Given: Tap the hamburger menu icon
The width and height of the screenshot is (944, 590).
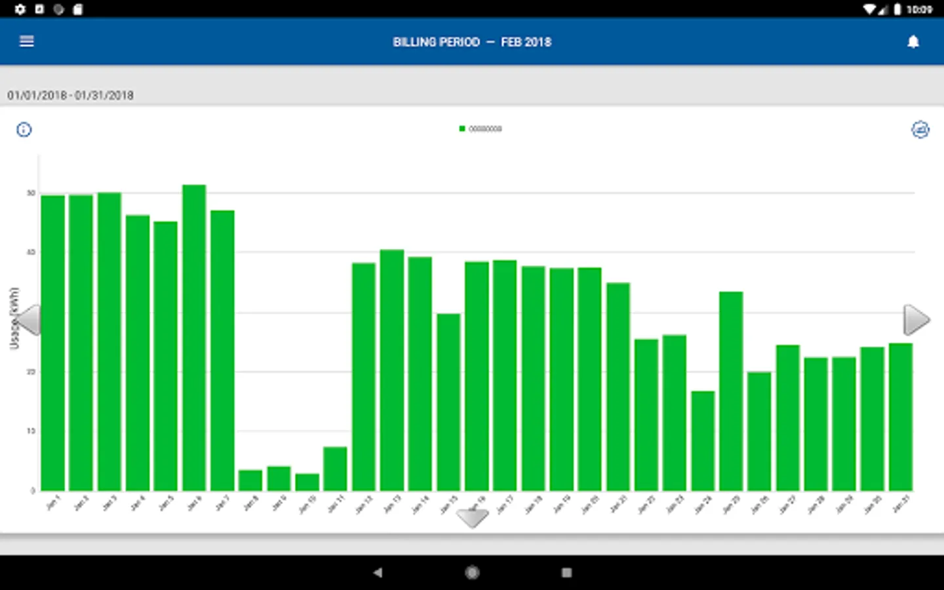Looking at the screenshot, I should [27, 41].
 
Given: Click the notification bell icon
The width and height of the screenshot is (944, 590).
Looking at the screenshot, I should [913, 42].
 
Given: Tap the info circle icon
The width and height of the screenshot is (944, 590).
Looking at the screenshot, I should [24, 130].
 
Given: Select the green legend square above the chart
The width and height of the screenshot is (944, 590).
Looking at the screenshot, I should [462, 129].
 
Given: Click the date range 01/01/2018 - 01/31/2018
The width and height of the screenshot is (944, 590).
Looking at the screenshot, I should [71, 96].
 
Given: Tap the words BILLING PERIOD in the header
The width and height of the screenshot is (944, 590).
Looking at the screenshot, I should [436, 42].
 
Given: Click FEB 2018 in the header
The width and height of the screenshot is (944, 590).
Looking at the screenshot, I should [526, 42].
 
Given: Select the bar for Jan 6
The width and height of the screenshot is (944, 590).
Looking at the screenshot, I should [194, 338].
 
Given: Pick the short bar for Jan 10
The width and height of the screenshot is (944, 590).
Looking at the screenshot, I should [307, 482].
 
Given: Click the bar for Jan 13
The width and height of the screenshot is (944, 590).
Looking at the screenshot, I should [392, 370].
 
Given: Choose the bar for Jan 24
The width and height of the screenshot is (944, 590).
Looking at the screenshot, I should [703, 441].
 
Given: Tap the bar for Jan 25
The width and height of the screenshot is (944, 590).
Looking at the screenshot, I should [731, 391].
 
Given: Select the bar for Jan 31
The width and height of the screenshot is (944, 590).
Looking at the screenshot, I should [901, 417].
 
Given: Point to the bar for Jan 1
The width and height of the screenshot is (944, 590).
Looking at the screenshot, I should [53, 343].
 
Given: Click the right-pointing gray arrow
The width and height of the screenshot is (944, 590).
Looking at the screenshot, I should [916, 320].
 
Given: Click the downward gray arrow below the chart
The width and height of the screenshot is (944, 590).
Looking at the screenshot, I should [472, 518].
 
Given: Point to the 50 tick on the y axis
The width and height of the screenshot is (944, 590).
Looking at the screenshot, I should [31, 193].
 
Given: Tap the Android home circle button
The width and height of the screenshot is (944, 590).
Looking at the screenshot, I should [472, 572].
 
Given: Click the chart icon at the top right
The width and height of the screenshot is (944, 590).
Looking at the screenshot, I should [920, 130].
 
